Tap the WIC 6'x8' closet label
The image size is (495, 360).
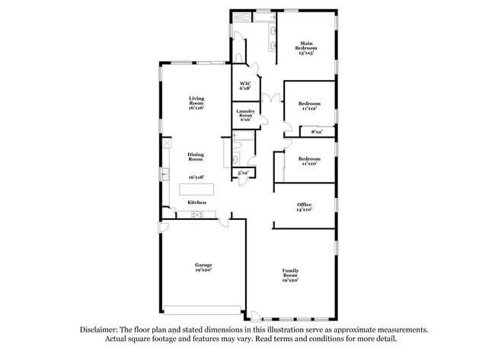[x=245, y=86]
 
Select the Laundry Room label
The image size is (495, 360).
[x=245, y=116]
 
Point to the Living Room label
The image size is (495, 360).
[x=196, y=103]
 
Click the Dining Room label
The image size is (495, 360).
[x=196, y=157]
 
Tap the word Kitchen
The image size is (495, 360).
[x=196, y=202]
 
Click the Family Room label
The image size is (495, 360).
[x=290, y=275]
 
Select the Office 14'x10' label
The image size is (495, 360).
[x=304, y=206]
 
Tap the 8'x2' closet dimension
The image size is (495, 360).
[x=316, y=132]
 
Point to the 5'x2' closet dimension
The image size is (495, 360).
[x=243, y=174]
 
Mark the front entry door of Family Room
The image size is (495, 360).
[x=256, y=314]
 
